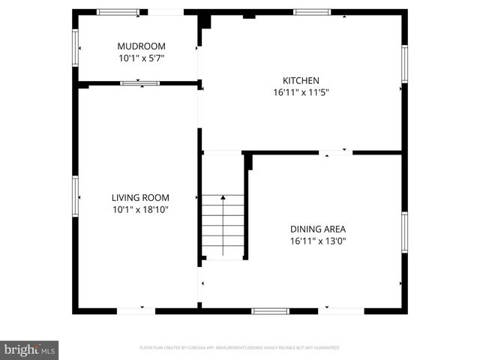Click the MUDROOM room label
[x=140, y=45]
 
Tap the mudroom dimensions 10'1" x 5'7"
[x=140, y=58]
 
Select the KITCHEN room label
[x=301, y=81]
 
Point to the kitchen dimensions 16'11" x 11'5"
[x=301, y=93]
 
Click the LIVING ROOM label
[x=140, y=198]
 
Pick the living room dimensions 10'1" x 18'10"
[x=140, y=210]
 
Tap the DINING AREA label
[x=317, y=229]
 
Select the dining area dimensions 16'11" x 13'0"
[x=317, y=241]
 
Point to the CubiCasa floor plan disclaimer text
[x=240, y=348]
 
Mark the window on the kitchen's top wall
[x=311, y=12]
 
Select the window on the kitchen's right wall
[x=403, y=64]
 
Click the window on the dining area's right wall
[x=403, y=232]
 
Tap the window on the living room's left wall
[x=75, y=196]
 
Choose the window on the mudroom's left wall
[x=75, y=46]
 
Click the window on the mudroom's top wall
[x=118, y=12]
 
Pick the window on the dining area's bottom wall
[x=271, y=310]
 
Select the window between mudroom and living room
[x=140, y=83]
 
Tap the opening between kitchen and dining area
[x=336, y=152]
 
